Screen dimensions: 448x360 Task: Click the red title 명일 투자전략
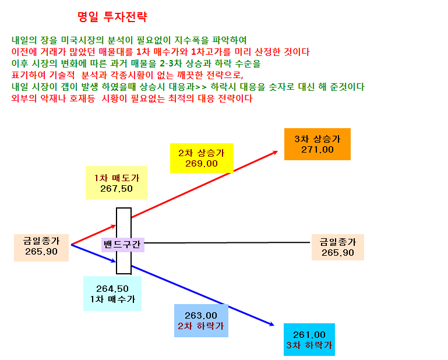[x=112, y=17]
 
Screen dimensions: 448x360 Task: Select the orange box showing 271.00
[x=317, y=144]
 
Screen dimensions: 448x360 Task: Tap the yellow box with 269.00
[x=202, y=158]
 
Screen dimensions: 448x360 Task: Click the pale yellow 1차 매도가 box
[x=117, y=183]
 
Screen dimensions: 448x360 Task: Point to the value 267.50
[x=117, y=189]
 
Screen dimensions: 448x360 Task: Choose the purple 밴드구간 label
[x=123, y=245]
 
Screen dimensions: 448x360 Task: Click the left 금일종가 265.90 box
[x=41, y=248]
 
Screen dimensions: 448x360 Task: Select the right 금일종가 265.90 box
[x=338, y=247]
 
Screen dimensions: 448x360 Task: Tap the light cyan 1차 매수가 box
[x=112, y=294]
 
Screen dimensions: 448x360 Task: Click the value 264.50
[x=112, y=288]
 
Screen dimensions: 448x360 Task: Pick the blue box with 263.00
[x=201, y=320]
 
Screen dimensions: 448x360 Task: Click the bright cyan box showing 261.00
[x=309, y=340]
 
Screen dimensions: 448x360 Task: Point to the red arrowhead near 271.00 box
[x=275, y=153]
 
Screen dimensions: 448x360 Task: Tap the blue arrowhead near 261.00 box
[x=271, y=324]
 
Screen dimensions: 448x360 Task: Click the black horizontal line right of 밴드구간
[x=227, y=242]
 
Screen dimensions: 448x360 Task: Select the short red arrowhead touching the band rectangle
[x=113, y=227]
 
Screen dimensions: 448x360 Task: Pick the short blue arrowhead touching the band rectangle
[x=113, y=260]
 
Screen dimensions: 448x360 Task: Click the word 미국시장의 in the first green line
[x=82, y=40]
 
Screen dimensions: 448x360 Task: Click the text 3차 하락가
[x=309, y=345]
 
